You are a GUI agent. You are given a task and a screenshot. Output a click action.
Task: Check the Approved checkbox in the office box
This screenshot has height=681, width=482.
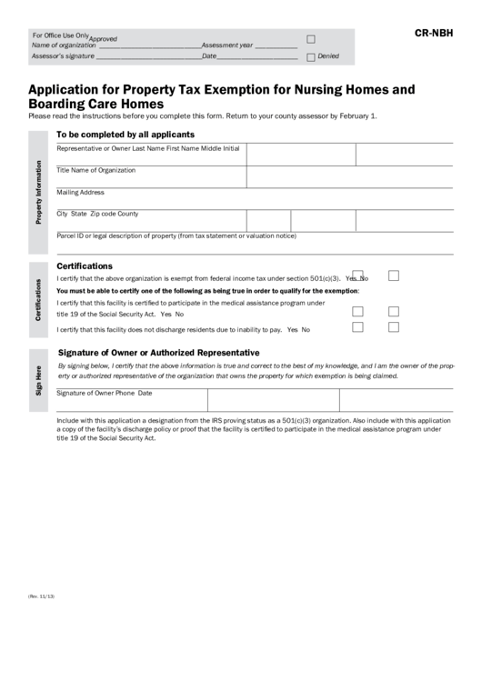pos(311,39)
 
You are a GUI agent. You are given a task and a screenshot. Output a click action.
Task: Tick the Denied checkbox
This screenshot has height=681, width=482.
pos(311,56)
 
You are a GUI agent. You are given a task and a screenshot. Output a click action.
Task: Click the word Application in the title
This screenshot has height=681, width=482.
pos(65,90)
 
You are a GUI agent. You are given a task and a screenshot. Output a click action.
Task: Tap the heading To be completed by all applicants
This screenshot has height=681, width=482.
pos(126,134)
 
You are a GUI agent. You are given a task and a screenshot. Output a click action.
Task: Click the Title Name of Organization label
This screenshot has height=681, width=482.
pos(95,170)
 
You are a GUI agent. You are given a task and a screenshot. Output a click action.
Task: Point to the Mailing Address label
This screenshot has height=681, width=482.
pos(81,192)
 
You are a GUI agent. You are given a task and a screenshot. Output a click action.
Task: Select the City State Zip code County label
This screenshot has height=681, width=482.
pos(97,214)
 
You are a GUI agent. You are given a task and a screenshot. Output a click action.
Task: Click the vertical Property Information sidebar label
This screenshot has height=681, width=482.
pos(39,193)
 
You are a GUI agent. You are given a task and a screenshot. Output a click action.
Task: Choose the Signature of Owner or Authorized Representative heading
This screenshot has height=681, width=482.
pos(159,352)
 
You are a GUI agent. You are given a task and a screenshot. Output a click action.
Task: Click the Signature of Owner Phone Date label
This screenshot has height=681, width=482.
pos(105,393)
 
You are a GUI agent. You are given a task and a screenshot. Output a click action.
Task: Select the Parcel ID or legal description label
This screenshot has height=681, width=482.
pos(176,235)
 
